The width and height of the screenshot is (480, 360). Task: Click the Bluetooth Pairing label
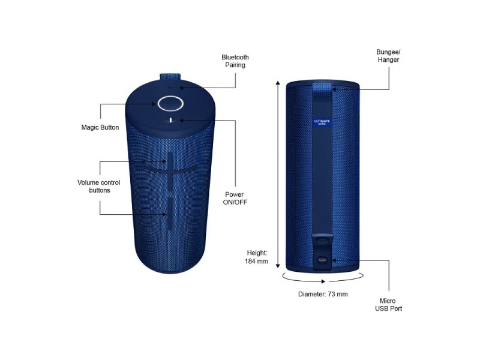pyautogui.click(x=235, y=61)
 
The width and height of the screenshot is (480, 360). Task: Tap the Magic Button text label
pyautogui.click(x=100, y=127)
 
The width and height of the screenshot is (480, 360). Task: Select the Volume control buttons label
pyautogui.click(x=99, y=187)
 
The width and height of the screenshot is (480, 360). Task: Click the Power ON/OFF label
pyautogui.click(x=235, y=199)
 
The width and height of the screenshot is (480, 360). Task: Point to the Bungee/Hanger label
pyautogui.click(x=388, y=56)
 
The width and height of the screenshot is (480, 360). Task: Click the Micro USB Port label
pyautogui.click(x=388, y=305)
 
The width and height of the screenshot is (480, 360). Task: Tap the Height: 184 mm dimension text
pyautogui.click(x=257, y=257)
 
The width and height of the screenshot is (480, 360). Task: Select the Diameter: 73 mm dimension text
pyautogui.click(x=323, y=294)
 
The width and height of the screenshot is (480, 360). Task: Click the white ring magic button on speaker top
pyautogui.click(x=170, y=103)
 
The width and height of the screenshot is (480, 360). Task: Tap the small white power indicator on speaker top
pyautogui.click(x=170, y=120)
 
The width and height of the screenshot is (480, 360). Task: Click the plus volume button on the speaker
pyautogui.click(x=170, y=170)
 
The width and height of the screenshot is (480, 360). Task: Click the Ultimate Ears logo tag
pyautogui.click(x=322, y=122)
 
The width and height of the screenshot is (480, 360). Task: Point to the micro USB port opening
pyautogui.click(x=322, y=261)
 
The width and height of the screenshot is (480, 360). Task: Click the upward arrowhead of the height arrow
pyautogui.click(x=278, y=83)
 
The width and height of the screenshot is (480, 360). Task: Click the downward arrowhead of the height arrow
pyautogui.click(x=278, y=266)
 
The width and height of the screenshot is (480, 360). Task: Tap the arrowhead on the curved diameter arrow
pyautogui.click(x=323, y=281)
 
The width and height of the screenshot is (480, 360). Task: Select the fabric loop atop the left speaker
pyautogui.click(x=170, y=77)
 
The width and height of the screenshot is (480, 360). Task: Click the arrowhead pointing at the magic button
pyautogui.click(x=153, y=104)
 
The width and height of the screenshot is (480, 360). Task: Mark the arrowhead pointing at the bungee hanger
pyautogui.click(x=335, y=89)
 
